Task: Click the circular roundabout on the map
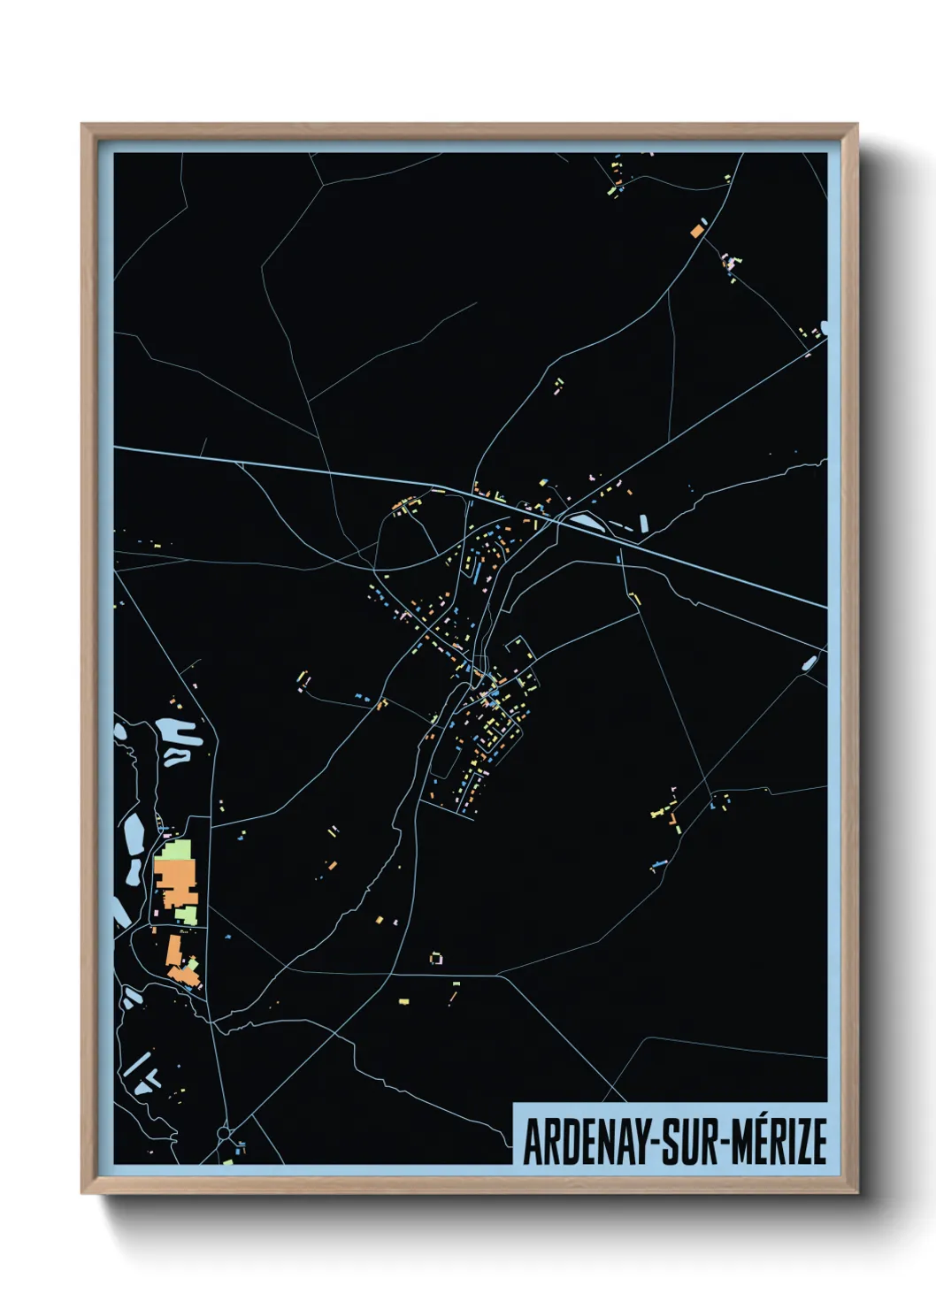click(223, 1133)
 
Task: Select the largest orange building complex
click(174, 881)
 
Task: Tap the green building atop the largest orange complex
click(174, 850)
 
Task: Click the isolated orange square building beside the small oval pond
click(695, 231)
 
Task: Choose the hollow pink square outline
click(435, 958)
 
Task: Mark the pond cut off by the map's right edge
click(824, 328)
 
